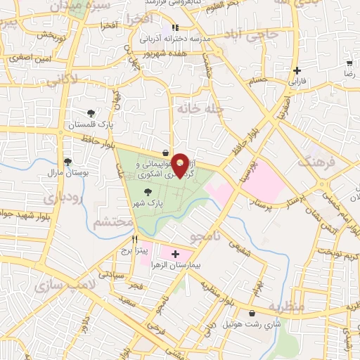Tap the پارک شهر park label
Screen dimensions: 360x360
click(x=148, y=202)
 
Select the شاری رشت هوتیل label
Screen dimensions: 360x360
click(x=252, y=326)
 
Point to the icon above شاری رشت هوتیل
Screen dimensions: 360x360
click(x=252, y=314)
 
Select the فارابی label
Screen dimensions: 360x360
click(x=297, y=82)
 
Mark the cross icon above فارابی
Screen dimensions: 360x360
click(x=297, y=71)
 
